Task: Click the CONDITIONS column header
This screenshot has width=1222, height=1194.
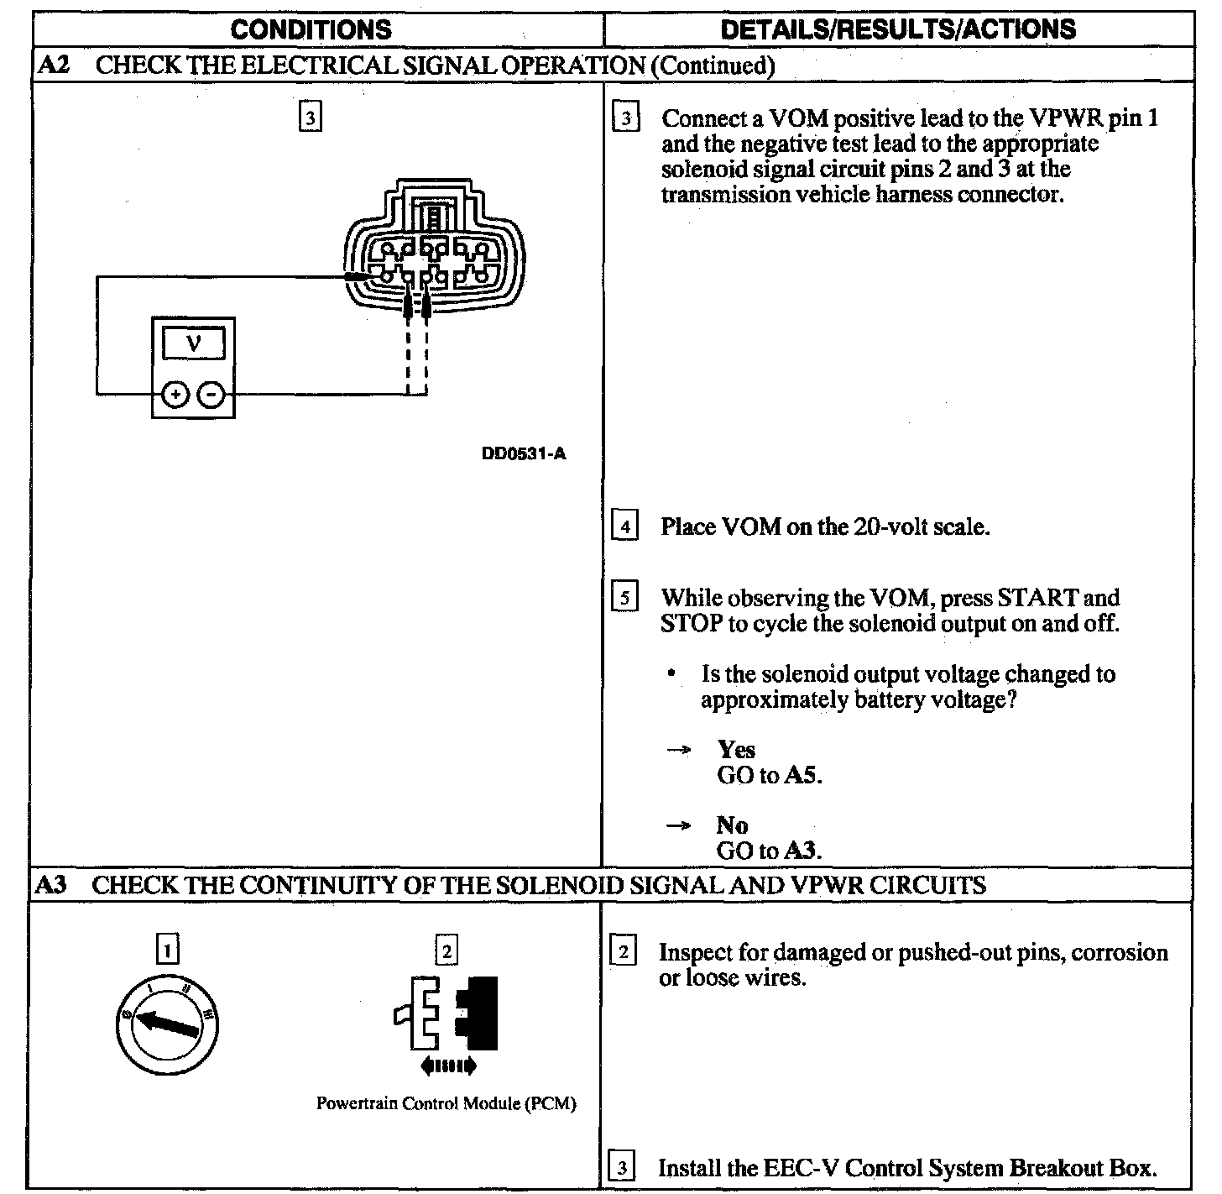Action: click(x=311, y=30)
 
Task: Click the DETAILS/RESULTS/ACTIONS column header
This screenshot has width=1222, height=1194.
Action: click(x=897, y=30)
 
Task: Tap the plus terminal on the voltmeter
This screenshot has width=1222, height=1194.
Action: click(x=175, y=394)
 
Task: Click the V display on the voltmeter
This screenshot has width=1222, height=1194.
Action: click(x=194, y=344)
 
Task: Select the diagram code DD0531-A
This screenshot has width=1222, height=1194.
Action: click(x=524, y=454)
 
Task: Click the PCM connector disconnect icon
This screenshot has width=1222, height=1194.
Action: click(x=447, y=1024)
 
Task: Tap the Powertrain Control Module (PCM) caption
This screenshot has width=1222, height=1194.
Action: click(x=446, y=1103)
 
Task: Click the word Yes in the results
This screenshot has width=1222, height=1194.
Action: click(x=736, y=749)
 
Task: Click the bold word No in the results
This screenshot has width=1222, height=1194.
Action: click(x=732, y=825)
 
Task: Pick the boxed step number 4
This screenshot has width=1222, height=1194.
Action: click(x=624, y=527)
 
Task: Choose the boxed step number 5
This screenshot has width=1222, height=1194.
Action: click(x=624, y=599)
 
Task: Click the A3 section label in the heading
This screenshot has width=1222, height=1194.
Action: click(x=52, y=884)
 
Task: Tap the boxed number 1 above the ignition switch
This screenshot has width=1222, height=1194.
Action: click(x=169, y=950)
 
